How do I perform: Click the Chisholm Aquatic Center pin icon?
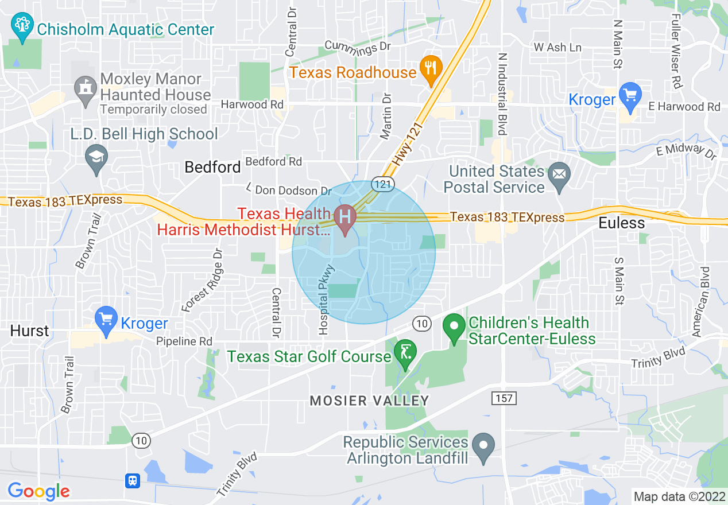tap(22, 27)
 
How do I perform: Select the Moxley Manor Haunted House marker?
tap(86, 90)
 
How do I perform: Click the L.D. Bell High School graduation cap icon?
tap(96, 156)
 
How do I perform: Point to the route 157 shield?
tap(504, 398)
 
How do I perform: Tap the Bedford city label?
tap(212, 167)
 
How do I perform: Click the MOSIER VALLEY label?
tap(369, 401)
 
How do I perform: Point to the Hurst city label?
tap(29, 331)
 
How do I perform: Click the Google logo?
tap(38, 491)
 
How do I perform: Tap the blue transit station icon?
tap(133, 480)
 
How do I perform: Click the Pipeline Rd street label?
tap(184, 341)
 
